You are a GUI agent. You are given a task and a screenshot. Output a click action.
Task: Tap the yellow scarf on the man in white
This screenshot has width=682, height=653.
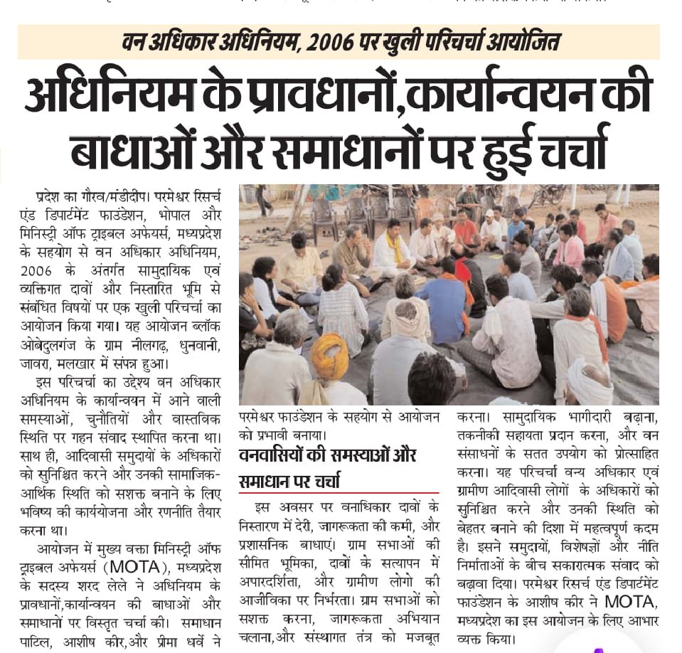pos(393,245)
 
